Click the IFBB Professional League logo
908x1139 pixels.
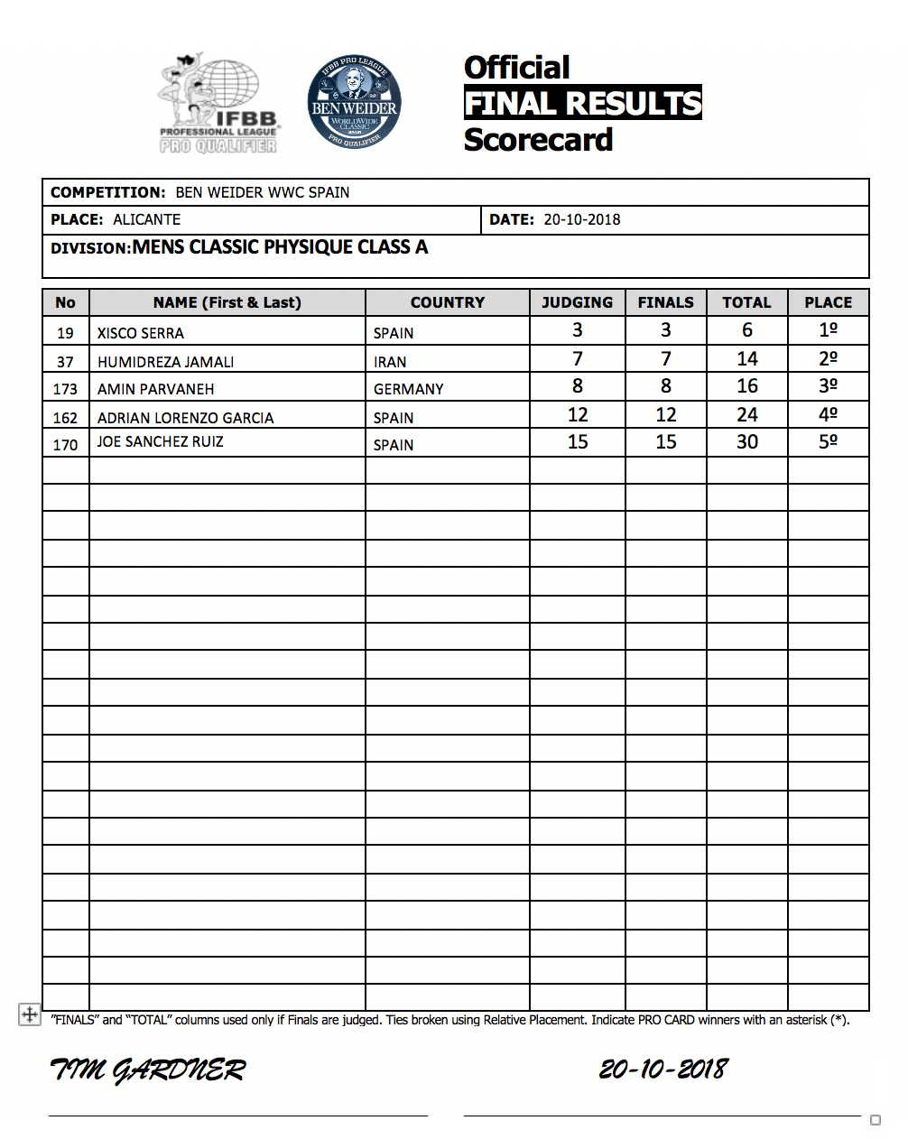point(218,104)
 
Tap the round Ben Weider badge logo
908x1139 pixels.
point(354,102)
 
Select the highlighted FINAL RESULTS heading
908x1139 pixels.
point(582,103)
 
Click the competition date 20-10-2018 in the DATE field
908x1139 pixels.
point(581,219)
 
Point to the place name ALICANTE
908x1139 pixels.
point(146,219)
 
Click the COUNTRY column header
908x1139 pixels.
point(447,302)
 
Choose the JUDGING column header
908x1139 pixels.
point(577,302)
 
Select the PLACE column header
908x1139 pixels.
point(828,302)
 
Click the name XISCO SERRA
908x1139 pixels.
point(141,333)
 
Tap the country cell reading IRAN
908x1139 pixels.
point(390,362)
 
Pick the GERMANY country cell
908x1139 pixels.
point(409,389)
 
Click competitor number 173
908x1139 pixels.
point(65,389)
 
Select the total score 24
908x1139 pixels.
point(746,414)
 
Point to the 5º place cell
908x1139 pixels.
point(828,441)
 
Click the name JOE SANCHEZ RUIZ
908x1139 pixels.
point(161,441)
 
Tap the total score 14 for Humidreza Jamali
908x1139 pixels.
point(746,358)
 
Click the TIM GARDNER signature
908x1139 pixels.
point(147,1070)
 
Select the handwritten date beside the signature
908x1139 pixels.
point(663,1070)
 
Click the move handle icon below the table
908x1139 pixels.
point(29,1014)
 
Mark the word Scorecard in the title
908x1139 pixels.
point(538,140)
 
